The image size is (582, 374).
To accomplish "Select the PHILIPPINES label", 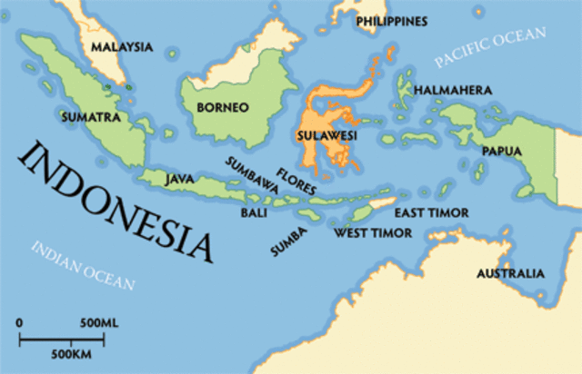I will [392, 20].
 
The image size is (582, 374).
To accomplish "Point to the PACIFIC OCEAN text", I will [490, 48].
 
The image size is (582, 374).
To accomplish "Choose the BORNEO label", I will [222, 107].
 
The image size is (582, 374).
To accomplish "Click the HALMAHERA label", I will [453, 91].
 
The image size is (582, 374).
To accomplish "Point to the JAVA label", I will [179, 179].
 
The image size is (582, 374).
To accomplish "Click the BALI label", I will [254, 212].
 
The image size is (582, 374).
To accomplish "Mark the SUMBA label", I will [288, 239].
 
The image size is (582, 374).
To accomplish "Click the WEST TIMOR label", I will [373, 233].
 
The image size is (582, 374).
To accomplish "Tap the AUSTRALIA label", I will [510, 272].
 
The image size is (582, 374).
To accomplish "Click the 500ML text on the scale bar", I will [99, 323].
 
